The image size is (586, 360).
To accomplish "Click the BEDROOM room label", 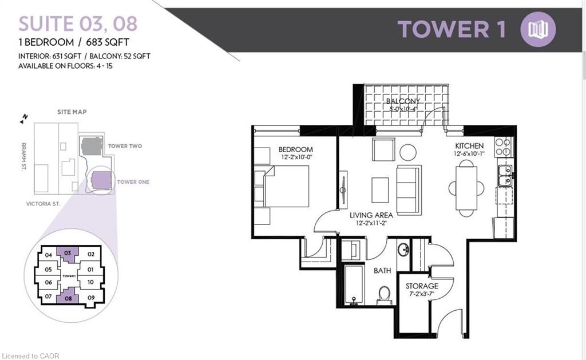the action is (x=296, y=149).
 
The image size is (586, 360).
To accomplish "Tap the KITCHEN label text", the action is (x=469, y=146).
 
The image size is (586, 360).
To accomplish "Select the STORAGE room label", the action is (x=422, y=286).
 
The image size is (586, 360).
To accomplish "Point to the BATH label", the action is (x=382, y=270).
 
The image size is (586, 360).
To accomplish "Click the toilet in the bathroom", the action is (x=385, y=294).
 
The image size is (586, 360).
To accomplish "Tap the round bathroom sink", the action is (x=403, y=250).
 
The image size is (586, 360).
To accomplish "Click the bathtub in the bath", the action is (x=354, y=284).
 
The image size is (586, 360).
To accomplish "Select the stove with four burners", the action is (x=503, y=147).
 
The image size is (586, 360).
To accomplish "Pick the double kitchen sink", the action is (x=505, y=176).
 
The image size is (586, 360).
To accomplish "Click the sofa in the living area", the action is (x=409, y=190).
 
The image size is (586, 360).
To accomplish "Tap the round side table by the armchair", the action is (x=407, y=152).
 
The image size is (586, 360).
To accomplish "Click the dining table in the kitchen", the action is (x=466, y=188).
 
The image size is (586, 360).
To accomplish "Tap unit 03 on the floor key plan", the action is (x=68, y=254).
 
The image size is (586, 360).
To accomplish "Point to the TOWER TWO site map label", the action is (x=125, y=146).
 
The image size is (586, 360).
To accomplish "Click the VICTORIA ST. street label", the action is (x=43, y=204).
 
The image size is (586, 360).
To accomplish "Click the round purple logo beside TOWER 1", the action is (x=538, y=29).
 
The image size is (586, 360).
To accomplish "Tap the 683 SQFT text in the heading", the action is (x=108, y=42).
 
